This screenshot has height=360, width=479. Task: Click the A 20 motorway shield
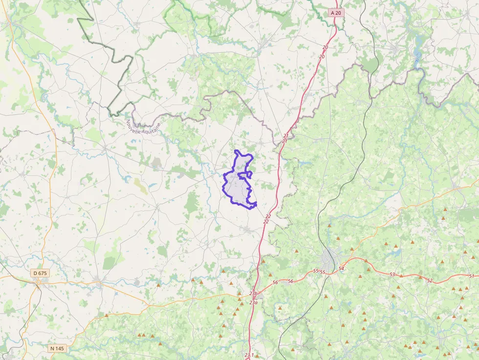pyautogui.click(x=335, y=13)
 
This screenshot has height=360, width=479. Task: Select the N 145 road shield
pyautogui.click(x=57, y=348)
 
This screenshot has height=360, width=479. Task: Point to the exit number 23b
pyautogui.click(x=253, y=293)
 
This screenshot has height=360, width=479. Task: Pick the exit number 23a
pyautogui.click(x=253, y=303)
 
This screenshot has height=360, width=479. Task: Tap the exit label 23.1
pyautogui.click(x=249, y=355)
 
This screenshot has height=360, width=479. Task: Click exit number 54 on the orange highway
pyautogui.click(x=341, y=269)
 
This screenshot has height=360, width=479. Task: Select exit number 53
pyautogui.click(x=392, y=275)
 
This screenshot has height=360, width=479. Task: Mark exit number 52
pyautogui.click(x=429, y=280)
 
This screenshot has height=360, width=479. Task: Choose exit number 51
pyautogui.click(x=471, y=276)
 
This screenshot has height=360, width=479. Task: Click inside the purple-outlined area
pyautogui.click(x=237, y=188)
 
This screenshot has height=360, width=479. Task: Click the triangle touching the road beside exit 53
pyautogui.click(x=401, y=275)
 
